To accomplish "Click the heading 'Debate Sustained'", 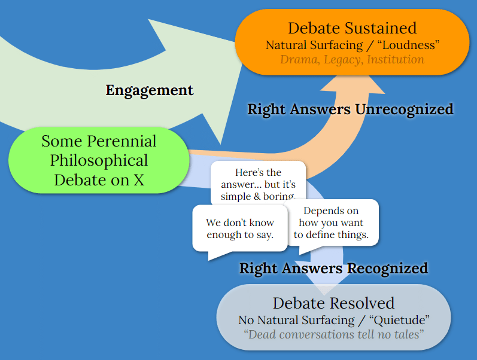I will pyautogui.click(x=352, y=28).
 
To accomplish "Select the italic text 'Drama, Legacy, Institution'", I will pyautogui.click(x=352, y=60).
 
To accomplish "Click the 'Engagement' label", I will pyautogui.click(x=150, y=90).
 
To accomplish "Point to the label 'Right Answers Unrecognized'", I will pyautogui.click(x=350, y=109).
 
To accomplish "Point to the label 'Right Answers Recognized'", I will pyautogui.click(x=333, y=268).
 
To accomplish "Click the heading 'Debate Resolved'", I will pyautogui.click(x=333, y=303).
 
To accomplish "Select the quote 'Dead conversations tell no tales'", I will pyautogui.click(x=333, y=334).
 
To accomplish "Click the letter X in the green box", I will pyautogui.click(x=138, y=179).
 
